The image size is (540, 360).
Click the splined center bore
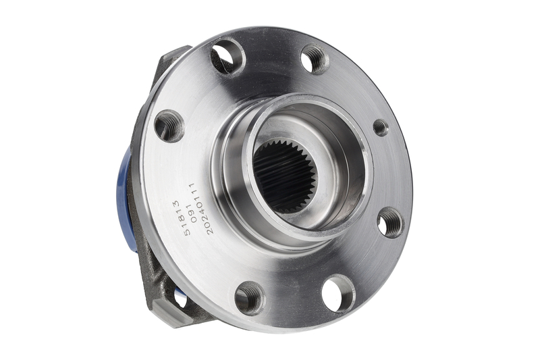286,175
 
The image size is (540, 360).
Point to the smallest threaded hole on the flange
381,128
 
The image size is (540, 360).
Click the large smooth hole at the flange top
227,57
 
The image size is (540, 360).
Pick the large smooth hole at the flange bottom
339,294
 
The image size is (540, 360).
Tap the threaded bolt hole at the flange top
315,59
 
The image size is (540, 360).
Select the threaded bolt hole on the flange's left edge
169,126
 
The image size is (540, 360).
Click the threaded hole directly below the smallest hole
391,223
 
